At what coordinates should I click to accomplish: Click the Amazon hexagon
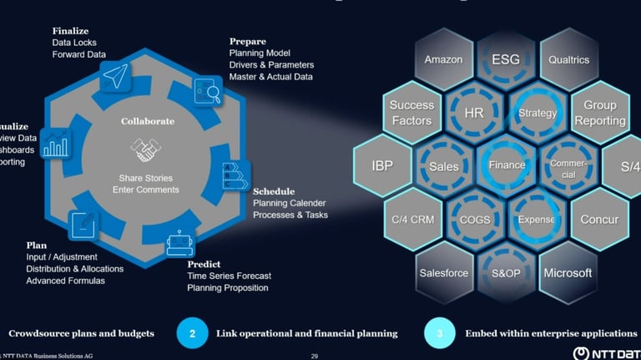coord(443,60)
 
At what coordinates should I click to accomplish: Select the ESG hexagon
coord(506,60)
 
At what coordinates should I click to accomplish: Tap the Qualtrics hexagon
coord(569,60)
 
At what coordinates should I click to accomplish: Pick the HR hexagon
coord(474,112)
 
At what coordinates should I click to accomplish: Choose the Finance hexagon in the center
coord(507,165)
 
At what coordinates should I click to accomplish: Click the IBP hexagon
coord(382,165)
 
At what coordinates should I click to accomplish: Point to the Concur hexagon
coord(599,219)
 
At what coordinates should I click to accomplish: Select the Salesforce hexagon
coord(443,273)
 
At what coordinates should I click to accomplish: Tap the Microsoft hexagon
coord(568,273)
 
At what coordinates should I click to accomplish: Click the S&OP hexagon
coord(506,273)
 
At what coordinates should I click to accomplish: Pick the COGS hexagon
coord(474,220)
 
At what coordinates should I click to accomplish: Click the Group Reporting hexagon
coord(599,113)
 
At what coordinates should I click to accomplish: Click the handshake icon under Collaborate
coord(148,150)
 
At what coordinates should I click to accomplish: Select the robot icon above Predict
coord(180,243)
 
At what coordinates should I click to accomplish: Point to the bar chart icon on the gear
coord(56,145)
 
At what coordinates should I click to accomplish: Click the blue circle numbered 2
coord(193,332)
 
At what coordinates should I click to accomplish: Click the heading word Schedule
coord(274,191)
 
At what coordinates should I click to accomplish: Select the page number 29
coord(314,355)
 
